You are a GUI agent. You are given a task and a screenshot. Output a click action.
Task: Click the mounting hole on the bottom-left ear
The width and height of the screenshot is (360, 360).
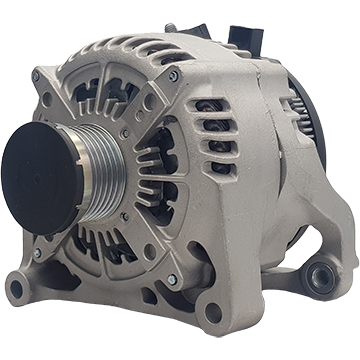click(16, 290)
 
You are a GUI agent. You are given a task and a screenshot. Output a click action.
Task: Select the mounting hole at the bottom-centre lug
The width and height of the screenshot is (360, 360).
click(213, 312)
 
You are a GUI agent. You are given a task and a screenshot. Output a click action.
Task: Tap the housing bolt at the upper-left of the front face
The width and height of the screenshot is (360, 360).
click(37, 77)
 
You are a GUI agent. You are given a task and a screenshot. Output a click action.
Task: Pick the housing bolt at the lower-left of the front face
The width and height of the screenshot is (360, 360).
click(37, 253)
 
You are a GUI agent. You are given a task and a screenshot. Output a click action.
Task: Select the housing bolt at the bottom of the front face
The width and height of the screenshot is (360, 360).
click(171, 281)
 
